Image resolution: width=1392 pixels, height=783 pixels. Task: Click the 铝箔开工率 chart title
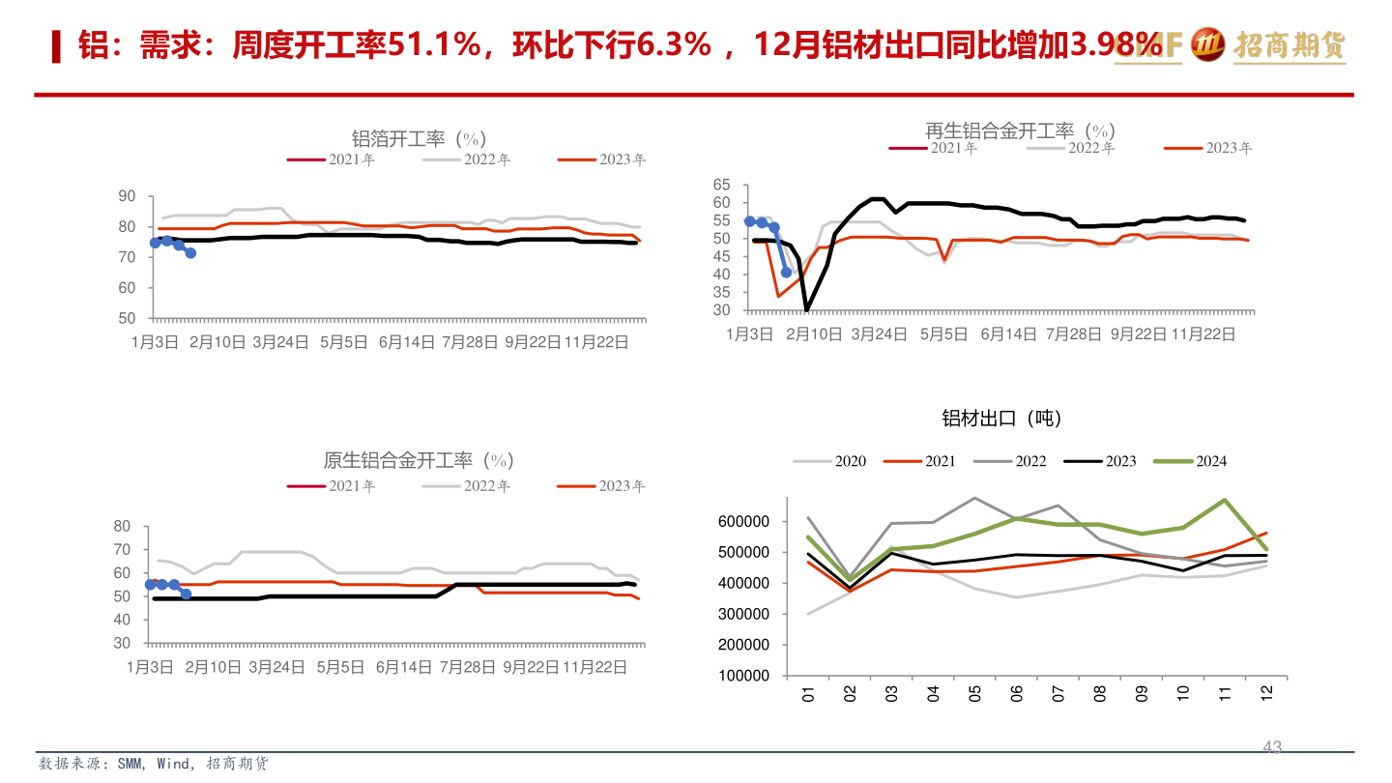[418, 138]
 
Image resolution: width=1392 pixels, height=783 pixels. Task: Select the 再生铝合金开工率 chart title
[1020, 130]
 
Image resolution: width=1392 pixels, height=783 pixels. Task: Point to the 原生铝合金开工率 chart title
[418, 459]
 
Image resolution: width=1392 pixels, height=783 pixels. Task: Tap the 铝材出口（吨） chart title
[1001, 418]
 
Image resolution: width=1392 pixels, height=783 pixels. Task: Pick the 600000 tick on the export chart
[744, 521]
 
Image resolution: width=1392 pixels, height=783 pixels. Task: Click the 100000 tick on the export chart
[744, 676]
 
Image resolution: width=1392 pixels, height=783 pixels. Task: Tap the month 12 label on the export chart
[1265, 693]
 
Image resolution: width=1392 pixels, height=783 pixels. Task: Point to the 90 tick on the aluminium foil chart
[127, 196]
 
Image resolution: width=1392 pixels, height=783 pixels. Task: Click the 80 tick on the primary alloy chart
[122, 527]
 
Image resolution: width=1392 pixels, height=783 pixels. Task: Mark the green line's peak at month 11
[1224, 500]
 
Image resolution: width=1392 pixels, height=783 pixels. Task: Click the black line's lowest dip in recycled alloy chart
[807, 309]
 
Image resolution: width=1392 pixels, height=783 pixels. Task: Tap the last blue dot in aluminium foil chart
[190, 253]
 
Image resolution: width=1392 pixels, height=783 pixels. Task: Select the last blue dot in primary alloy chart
[186, 594]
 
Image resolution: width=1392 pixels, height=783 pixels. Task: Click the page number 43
[1272, 746]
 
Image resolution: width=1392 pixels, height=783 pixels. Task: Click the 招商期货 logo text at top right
[1289, 44]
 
